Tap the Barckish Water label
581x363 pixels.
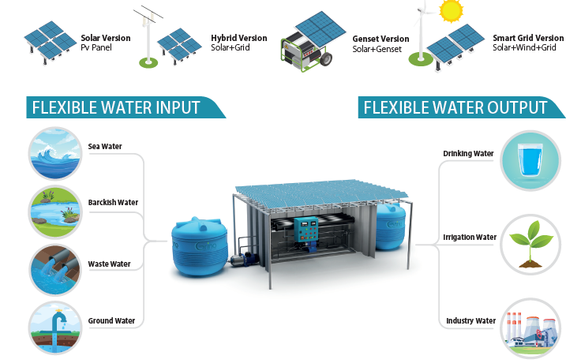pos(113,203)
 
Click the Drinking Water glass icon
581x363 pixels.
pos(530,161)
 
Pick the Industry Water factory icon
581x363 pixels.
pos(530,327)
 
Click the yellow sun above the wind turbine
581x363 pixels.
pos(452,11)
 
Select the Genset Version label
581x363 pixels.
pos(381,39)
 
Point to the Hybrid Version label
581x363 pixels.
pos(238,38)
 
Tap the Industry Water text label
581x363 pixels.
pos(470,321)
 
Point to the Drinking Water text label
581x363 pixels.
pos(470,153)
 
